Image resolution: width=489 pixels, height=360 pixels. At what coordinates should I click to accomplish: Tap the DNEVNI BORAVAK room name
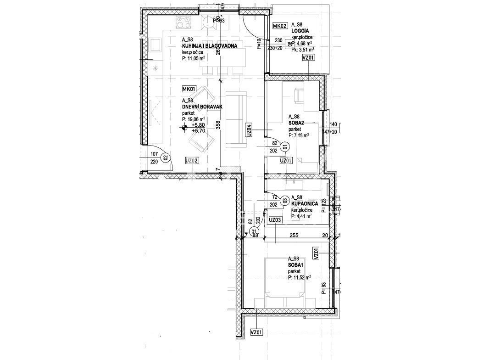point(202,107)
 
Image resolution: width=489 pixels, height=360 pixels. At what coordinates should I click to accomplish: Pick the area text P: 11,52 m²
point(300,277)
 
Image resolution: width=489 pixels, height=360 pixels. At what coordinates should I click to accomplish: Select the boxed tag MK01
point(189,89)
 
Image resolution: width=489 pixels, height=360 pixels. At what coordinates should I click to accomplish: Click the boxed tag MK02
point(280,26)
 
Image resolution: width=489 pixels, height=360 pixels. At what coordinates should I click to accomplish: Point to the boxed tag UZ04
point(248,130)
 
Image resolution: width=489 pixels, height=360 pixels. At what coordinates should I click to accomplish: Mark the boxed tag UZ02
point(192,161)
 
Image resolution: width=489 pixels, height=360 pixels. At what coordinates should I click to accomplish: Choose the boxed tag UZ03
point(275,220)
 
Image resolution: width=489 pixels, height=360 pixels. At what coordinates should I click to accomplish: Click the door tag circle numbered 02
point(166,157)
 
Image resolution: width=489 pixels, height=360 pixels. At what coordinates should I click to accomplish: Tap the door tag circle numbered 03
point(285,200)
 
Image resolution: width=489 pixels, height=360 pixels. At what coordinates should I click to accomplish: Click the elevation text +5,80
point(198,125)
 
